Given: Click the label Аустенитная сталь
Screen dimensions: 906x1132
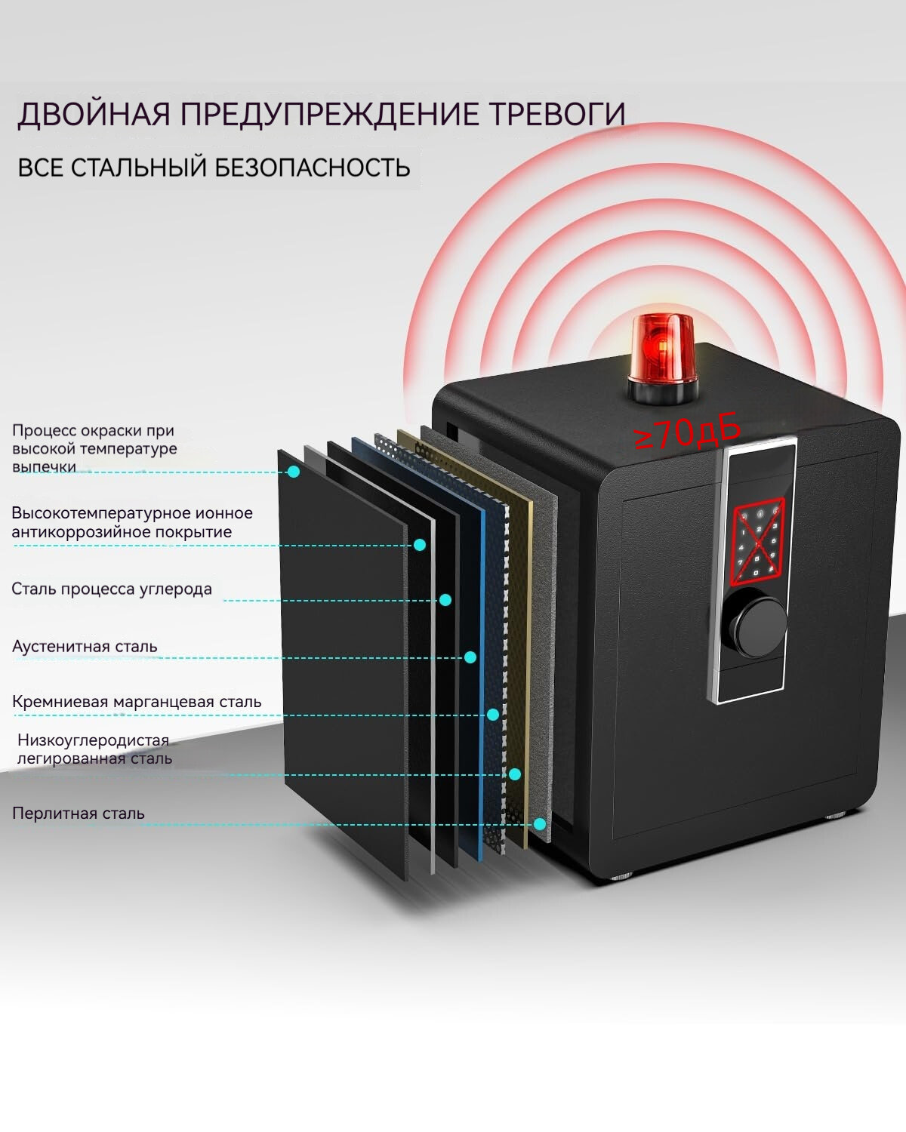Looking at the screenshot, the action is point(85,647).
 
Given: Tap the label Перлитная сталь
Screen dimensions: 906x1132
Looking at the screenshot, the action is point(78,814).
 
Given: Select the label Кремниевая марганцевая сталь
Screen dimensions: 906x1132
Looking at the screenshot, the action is point(137,702).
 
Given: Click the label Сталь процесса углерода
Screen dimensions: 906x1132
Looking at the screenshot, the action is point(112,589).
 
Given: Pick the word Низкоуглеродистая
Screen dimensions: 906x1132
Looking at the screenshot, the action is point(93,740).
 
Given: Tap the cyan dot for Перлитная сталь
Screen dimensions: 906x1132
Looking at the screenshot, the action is point(540,824).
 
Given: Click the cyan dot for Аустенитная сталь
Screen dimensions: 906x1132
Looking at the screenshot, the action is point(470,657).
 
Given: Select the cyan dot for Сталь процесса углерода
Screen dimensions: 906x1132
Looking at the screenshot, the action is point(445,600).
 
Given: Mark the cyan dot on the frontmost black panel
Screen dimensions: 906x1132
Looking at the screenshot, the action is point(294,472).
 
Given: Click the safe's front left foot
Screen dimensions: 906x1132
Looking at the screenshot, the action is point(623,877).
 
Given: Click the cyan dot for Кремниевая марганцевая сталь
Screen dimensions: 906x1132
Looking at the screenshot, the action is point(493,714).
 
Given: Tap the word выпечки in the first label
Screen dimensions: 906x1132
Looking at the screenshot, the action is point(44,467).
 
